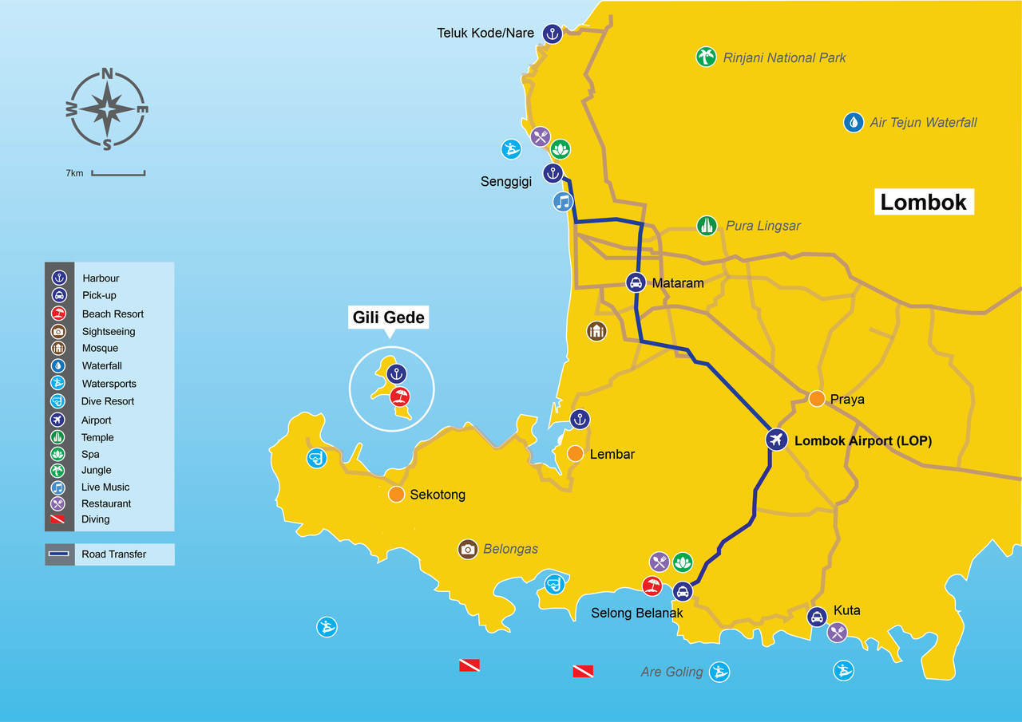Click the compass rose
click(x=107, y=109)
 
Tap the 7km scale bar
click(x=117, y=172)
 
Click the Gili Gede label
click(x=389, y=318)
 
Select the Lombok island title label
click(x=923, y=202)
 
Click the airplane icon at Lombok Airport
click(x=775, y=440)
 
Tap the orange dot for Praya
click(x=817, y=398)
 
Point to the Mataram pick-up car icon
click(x=636, y=282)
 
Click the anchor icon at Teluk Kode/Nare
click(x=552, y=34)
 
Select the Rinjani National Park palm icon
click(x=706, y=57)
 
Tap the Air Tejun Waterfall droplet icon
click(x=854, y=122)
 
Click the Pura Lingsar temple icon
click(x=706, y=226)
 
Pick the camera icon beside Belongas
click(x=468, y=549)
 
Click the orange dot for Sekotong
click(x=396, y=494)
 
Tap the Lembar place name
click(x=612, y=454)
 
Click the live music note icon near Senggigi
click(x=564, y=202)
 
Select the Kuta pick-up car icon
click(x=816, y=617)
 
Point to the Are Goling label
click(x=671, y=672)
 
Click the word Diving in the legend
click(x=96, y=519)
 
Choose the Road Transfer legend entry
click(x=109, y=554)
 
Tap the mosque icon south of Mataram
click(x=596, y=330)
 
